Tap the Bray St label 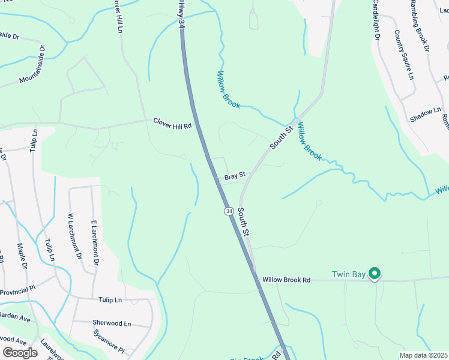pyautogui.click(x=235, y=176)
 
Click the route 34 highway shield pyautogui.click(x=229, y=211)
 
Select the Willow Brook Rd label pyautogui.click(x=286, y=280)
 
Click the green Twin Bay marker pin pyautogui.click(x=375, y=274)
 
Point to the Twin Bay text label pyautogui.click(x=349, y=275)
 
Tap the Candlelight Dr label pyautogui.click(x=376, y=20)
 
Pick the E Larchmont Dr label pyautogui.click(x=95, y=242)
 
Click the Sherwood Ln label pyautogui.click(x=112, y=323)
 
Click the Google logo pyautogui.click(x=20, y=352)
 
